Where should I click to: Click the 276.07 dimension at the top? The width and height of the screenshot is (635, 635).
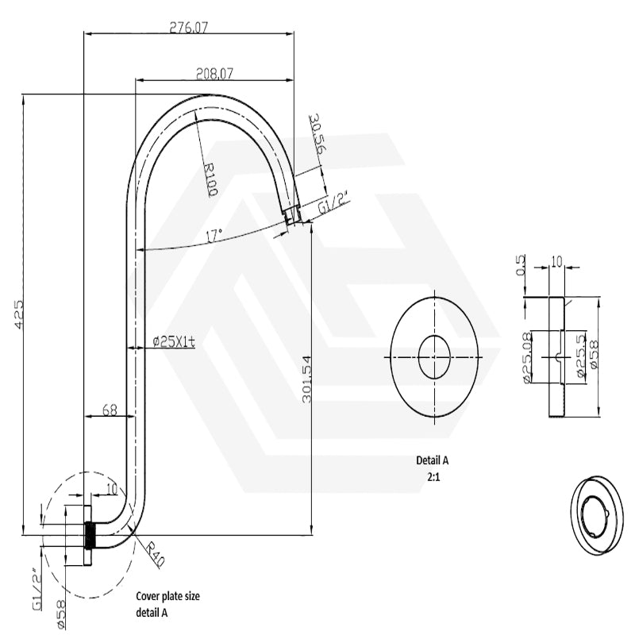(x=188, y=26)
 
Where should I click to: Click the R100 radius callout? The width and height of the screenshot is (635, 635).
(x=210, y=179)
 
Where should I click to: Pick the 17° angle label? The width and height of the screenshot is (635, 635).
(x=214, y=236)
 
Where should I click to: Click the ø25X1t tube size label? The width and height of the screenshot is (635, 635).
(x=174, y=341)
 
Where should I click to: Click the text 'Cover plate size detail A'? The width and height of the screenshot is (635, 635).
(x=164, y=605)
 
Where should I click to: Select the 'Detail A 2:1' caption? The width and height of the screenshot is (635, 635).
(x=433, y=467)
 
